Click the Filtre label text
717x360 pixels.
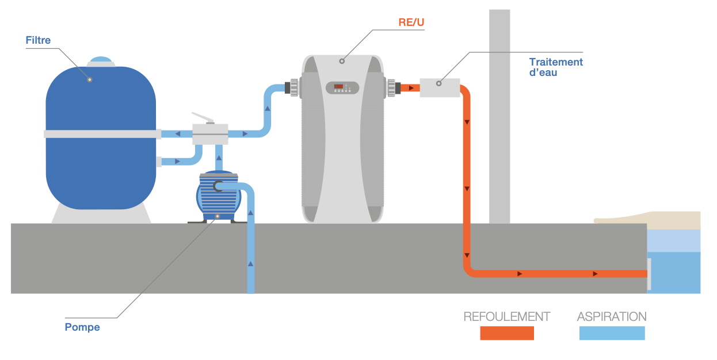click(x=38, y=40)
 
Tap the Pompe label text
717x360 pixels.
click(x=82, y=327)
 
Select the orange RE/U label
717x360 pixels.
click(x=411, y=22)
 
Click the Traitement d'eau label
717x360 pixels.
click(x=556, y=67)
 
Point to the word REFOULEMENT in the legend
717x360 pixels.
click(x=507, y=316)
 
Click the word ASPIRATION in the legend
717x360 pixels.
click(x=612, y=316)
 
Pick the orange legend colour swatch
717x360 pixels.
click(x=507, y=333)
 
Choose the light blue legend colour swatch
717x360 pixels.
click(x=612, y=333)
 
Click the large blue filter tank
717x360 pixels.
click(x=101, y=167)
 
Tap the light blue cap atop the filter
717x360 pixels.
click(x=101, y=60)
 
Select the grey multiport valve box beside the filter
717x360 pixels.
click(x=209, y=134)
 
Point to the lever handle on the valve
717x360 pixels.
click(x=202, y=116)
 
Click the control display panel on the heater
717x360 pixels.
click(x=342, y=87)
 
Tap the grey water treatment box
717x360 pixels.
click(x=440, y=87)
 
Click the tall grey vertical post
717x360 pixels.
click(x=499, y=115)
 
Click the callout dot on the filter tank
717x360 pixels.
click(x=90, y=79)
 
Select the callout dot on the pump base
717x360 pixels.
click(x=217, y=216)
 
